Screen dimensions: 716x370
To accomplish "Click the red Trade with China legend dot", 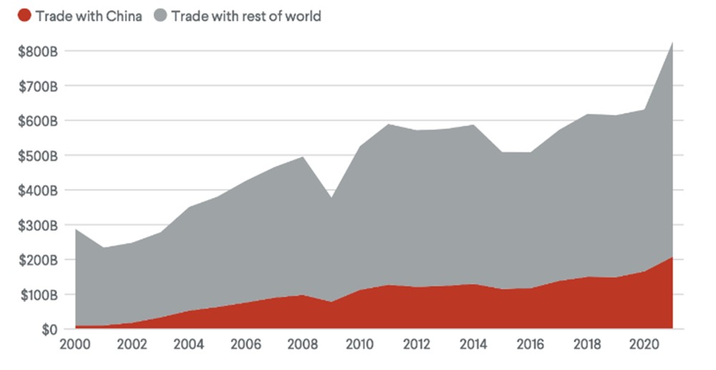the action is click(24, 16).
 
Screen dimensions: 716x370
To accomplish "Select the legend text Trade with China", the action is click(89, 16).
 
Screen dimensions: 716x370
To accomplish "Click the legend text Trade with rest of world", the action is click(246, 16).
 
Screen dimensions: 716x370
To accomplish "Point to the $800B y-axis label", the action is click(38, 51).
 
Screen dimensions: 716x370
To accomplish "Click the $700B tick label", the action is click(38, 86).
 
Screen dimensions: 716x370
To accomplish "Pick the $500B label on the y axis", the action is click(38, 156).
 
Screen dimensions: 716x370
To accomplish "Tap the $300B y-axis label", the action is click(38, 226).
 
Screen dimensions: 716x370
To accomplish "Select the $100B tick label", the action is click(39, 295).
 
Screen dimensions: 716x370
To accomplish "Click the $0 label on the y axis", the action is click(50, 329).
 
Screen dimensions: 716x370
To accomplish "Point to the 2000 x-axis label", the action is click(75, 344).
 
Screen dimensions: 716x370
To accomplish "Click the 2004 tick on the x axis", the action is click(189, 344).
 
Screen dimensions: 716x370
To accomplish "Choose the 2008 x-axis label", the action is click(303, 344).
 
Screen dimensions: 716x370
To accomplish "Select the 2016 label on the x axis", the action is click(531, 344).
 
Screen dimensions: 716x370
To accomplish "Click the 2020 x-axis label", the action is click(644, 344).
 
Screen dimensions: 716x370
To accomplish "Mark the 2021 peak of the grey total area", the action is click(672, 42).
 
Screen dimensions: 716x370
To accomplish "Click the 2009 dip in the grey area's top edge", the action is click(331, 198).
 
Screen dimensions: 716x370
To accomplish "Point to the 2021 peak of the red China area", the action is click(672, 257).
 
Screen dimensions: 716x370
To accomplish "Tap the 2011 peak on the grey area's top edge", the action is click(388, 124).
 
